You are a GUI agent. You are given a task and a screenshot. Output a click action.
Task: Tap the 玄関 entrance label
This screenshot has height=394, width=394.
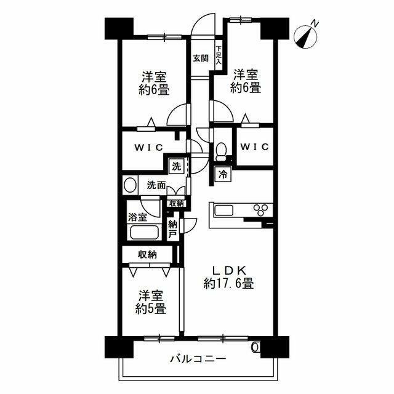(199, 58)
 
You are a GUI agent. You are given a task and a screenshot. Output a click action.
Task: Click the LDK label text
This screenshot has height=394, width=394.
(230, 270)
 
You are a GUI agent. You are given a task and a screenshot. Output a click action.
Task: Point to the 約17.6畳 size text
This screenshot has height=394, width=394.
(230, 284)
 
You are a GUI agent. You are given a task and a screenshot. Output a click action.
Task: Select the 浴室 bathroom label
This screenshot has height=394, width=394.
(137, 217)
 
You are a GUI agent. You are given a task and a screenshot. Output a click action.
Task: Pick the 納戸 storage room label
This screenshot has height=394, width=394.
(173, 229)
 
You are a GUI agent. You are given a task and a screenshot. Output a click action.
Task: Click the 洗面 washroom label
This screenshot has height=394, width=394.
(156, 185)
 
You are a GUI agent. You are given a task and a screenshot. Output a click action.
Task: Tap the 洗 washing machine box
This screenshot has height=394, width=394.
(176, 166)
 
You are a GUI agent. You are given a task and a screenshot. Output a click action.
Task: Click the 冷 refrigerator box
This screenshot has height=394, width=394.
(222, 175)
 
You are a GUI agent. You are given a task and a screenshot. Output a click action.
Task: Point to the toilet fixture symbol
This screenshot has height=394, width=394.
(220, 150)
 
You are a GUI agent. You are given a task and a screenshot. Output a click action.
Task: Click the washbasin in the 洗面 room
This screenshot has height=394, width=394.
(129, 185)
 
